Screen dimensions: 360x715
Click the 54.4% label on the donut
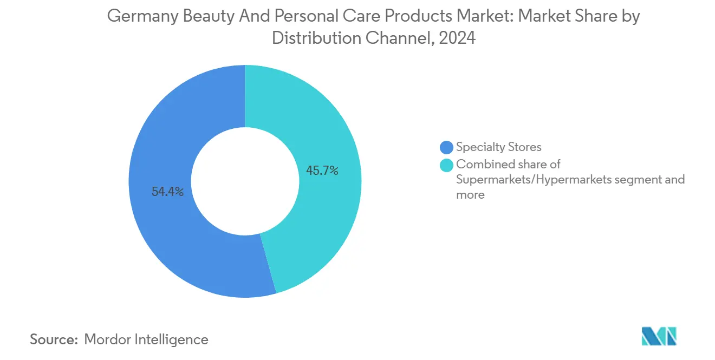(x=167, y=192)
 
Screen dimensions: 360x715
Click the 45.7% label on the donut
(x=322, y=171)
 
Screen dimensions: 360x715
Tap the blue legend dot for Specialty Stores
(x=446, y=147)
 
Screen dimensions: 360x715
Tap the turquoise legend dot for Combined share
(x=446, y=165)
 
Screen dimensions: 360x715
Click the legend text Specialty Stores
(x=498, y=147)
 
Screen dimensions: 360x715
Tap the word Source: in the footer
(x=54, y=339)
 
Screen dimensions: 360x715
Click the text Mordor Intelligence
(x=146, y=339)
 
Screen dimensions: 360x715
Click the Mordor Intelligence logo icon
(x=659, y=336)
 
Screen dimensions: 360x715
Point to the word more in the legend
(x=470, y=194)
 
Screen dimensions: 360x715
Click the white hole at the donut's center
(x=245, y=181)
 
